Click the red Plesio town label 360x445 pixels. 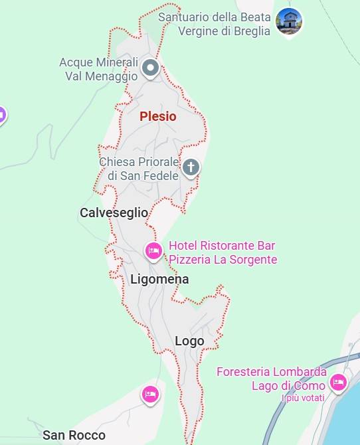(x=158, y=116)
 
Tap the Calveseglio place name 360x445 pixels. (x=114, y=213)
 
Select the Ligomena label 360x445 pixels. (x=159, y=280)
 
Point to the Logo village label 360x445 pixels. (x=189, y=341)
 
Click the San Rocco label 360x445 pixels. (x=74, y=436)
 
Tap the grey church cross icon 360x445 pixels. (x=191, y=167)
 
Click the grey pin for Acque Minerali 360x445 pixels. (x=151, y=67)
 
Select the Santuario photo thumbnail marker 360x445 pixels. (x=289, y=21)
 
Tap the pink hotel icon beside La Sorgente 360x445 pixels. (x=153, y=251)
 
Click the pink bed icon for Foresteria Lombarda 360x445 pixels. (x=339, y=382)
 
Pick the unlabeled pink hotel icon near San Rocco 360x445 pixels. (x=151, y=395)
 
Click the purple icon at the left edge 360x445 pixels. (x=1, y=116)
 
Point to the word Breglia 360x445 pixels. (x=253, y=31)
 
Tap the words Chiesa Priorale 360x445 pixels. (x=139, y=162)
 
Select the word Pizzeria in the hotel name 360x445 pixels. (x=191, y=260)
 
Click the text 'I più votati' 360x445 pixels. (x=303, y=399)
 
